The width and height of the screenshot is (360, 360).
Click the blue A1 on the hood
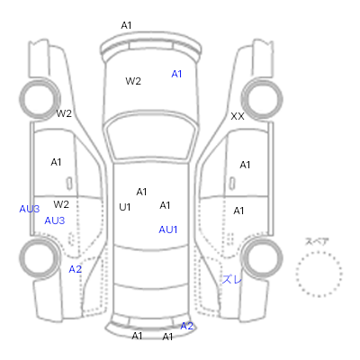click(176, 74)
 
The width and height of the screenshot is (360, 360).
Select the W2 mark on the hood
click(133, 81)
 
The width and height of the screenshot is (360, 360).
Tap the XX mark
click(238, 116)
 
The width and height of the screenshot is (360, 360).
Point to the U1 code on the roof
click(125, 207)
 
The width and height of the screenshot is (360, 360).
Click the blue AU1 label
click(168, 229)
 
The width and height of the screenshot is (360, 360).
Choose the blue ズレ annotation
click(232, 280)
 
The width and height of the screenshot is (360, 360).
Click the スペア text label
click(317, 241)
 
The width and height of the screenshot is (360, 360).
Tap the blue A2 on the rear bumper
click(186, 326)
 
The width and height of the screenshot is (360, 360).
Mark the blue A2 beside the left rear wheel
click(75, 269)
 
